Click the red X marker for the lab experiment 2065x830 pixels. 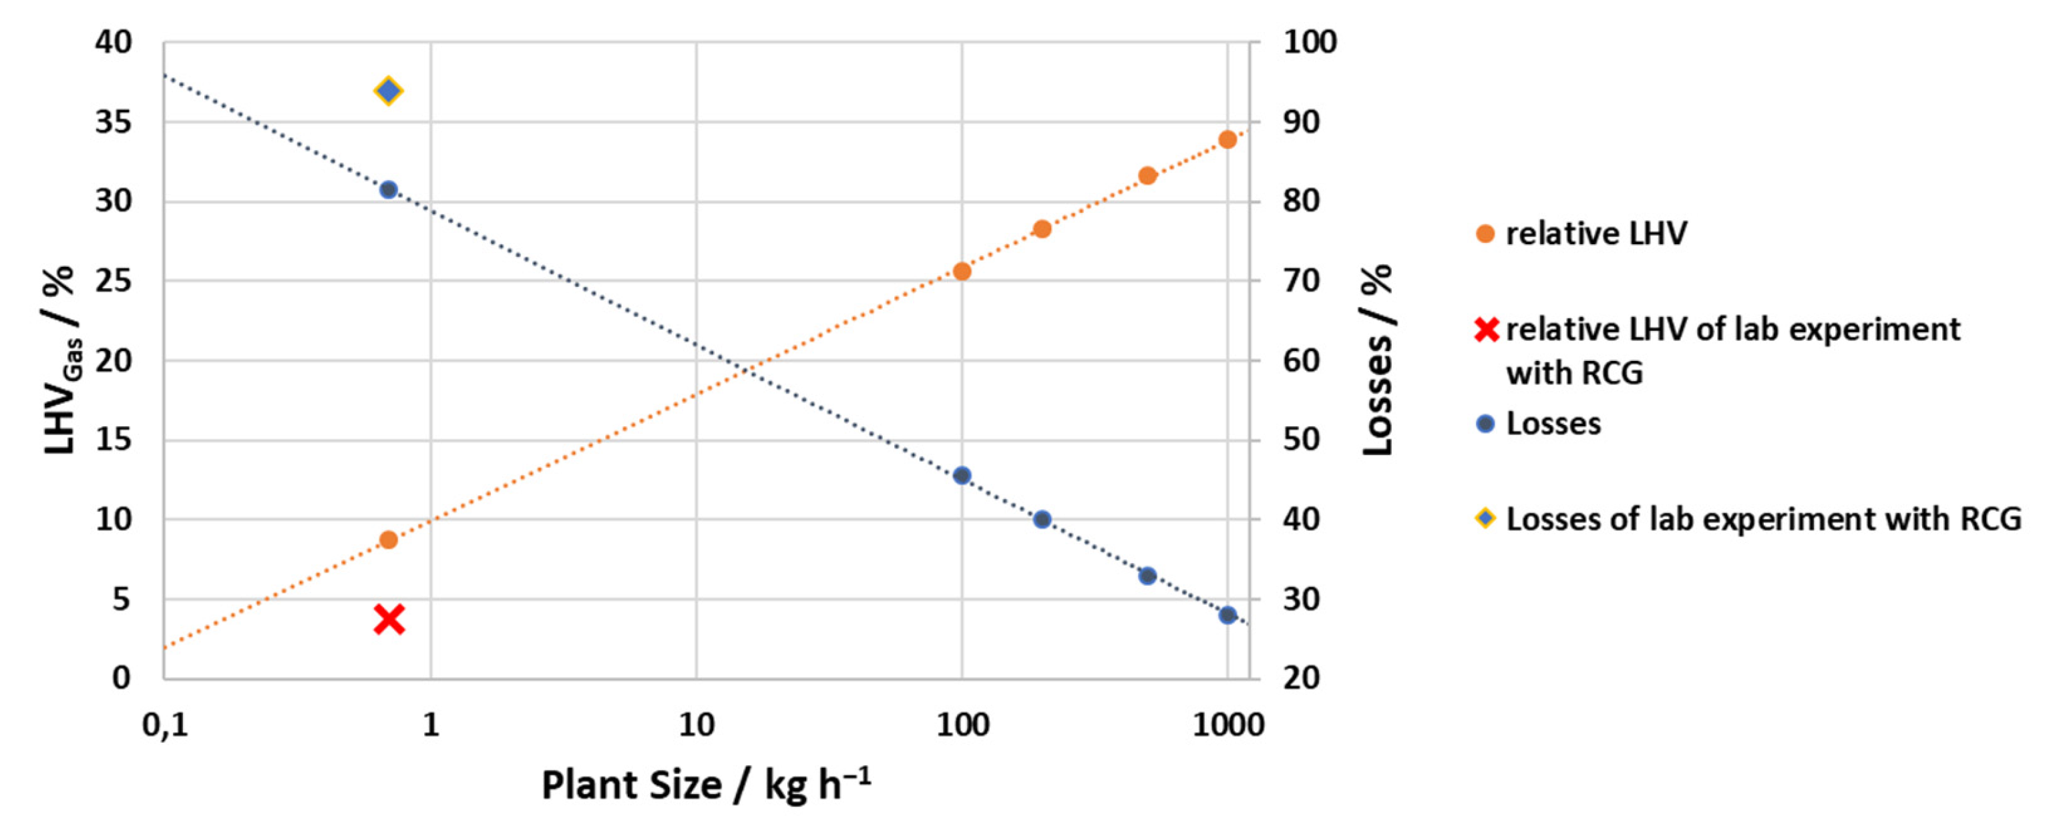click(389, 619)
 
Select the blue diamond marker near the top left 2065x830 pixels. click(388, 91)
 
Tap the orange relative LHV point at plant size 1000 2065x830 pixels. click(1228, 139)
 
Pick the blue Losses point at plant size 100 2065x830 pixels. click(962, 475)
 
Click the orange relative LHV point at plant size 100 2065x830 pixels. click(962, 272)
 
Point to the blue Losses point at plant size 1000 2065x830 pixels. click(1228, 615)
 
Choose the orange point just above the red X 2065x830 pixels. click(389, 540)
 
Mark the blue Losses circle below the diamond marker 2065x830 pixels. click(389, 190)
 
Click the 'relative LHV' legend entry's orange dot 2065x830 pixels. click(1485, 234)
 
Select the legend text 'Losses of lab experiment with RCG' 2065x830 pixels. click(1764, 519)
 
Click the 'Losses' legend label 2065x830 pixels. click(1553, 424)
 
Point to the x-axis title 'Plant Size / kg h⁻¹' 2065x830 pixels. click(705, 785)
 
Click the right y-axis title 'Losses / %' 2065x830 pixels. click(1378, 360)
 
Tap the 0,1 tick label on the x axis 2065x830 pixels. click(165, 726)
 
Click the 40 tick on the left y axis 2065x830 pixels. click(113, 43)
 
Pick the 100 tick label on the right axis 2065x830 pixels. click(1310, 43)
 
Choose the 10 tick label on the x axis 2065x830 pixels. click(696, 726)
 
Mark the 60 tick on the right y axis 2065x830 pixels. click(1301, 360)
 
